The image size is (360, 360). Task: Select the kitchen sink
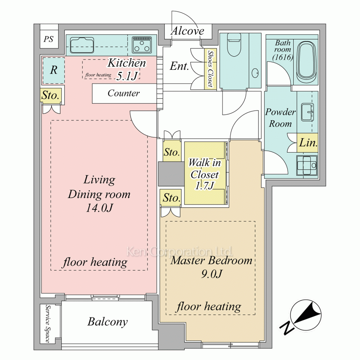click(x=82, y=45)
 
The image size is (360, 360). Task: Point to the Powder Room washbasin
click(x=307, y=112)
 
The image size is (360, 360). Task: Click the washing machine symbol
click(x=307, y=165)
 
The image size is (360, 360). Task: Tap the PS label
click(x=49, y=39)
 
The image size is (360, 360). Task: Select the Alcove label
click(x=187, y=31)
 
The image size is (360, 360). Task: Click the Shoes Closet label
click(x=211, y=69)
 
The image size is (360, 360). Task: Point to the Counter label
click(x=123, y=93)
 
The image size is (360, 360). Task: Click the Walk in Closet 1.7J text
click(x=204, y=174)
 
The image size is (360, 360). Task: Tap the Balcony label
click(x=107, y=322)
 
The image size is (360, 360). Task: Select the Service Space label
click(x=48, y=324)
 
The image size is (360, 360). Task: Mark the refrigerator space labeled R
click(x=54, y=70)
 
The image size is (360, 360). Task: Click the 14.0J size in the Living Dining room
click(x=99, y=208)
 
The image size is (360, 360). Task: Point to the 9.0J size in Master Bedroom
click(x=212, y=274)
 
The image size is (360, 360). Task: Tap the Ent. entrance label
click(x=179, y=66)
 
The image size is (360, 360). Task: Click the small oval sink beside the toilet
click(x=255, y=73)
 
